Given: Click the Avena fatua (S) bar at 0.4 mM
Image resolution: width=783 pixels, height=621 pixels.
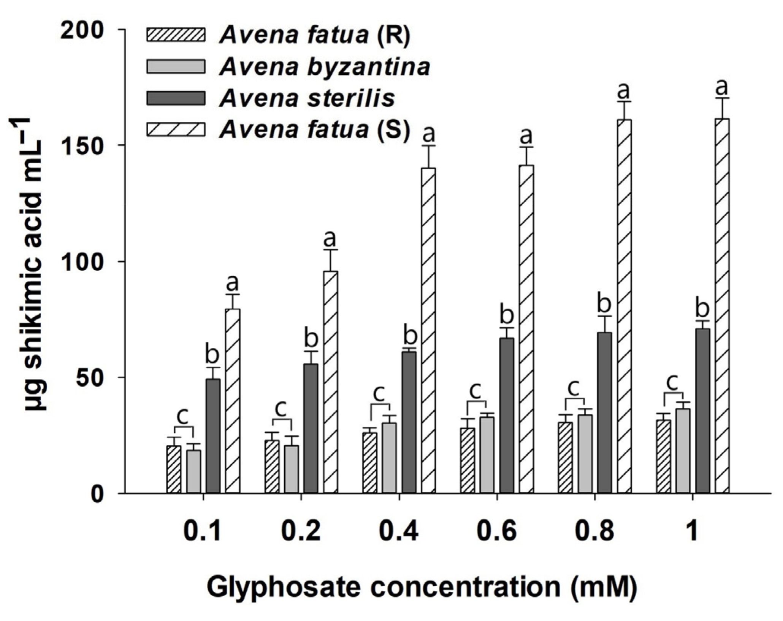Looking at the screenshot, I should pos(428,330).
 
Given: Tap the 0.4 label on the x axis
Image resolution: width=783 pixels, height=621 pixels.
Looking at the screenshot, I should pos(399,531).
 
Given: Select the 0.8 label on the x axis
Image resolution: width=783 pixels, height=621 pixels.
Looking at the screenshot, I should pos(594,531).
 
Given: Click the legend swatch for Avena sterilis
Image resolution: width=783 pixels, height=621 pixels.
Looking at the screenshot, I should pos(176,98).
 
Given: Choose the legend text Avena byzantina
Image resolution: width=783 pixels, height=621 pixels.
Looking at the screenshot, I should pos(325,67).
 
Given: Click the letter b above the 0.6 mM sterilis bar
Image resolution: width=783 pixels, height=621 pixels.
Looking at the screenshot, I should pos(507,315).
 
